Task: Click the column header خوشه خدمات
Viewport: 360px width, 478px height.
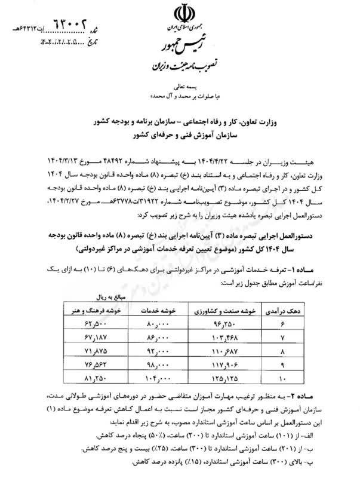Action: pyautogui.click(x=157, y=311)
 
